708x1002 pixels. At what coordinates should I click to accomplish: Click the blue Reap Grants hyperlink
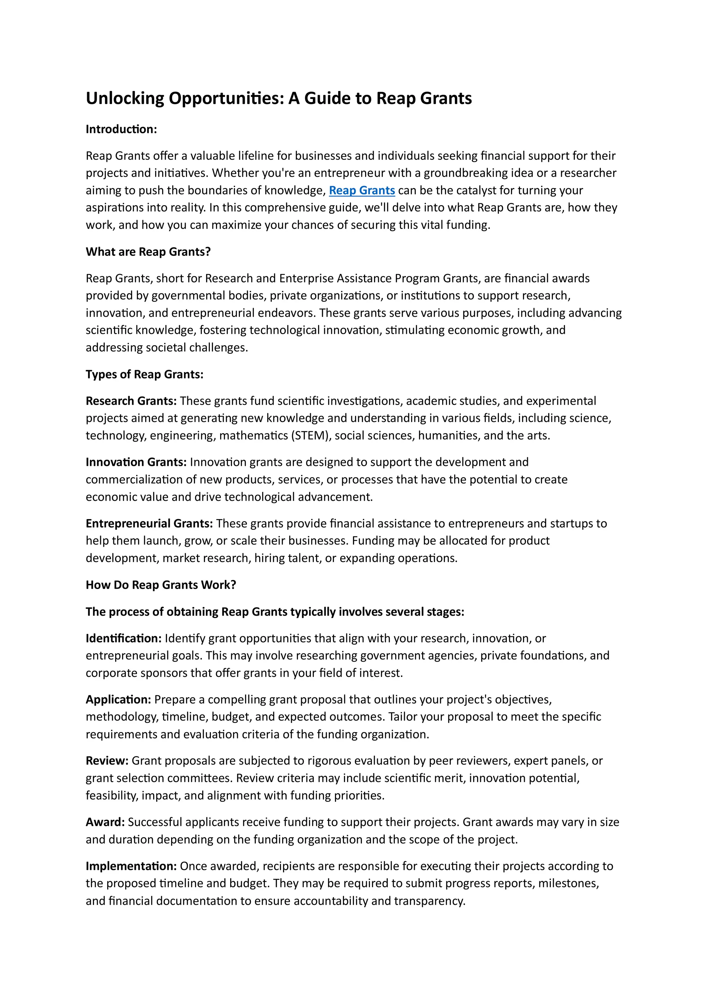tap(362, 190)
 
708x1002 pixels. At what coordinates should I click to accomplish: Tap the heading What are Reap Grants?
tap(148, 252)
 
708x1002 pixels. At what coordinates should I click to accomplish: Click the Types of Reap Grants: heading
tap(145, 375)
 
